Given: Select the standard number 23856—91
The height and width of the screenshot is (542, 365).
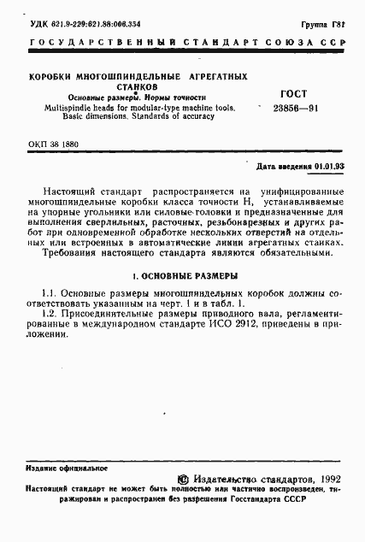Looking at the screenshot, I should (x=296, y=110).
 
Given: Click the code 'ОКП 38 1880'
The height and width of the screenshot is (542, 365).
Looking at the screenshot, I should (x=54, y=144).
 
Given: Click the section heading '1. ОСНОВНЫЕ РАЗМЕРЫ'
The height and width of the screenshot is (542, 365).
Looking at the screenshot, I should (x=182, y=276).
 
